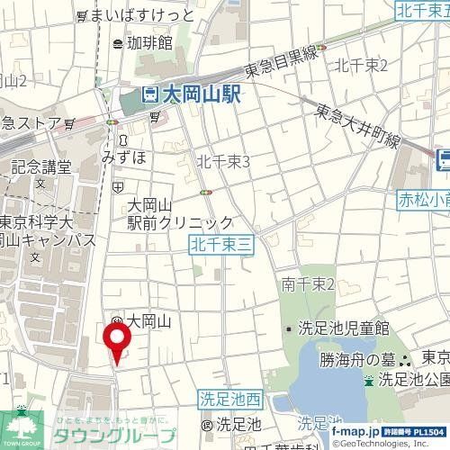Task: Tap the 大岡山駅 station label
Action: pos(203,94)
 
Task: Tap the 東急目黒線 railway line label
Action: pos(281,61)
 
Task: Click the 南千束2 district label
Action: pos(308,284)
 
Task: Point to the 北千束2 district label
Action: pos(360,65)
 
